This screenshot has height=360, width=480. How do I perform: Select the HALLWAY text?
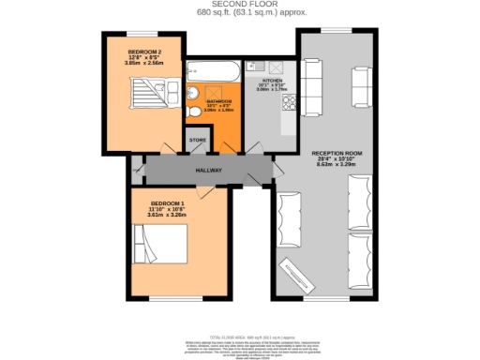pyautogui.click(x=208, y=171)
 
